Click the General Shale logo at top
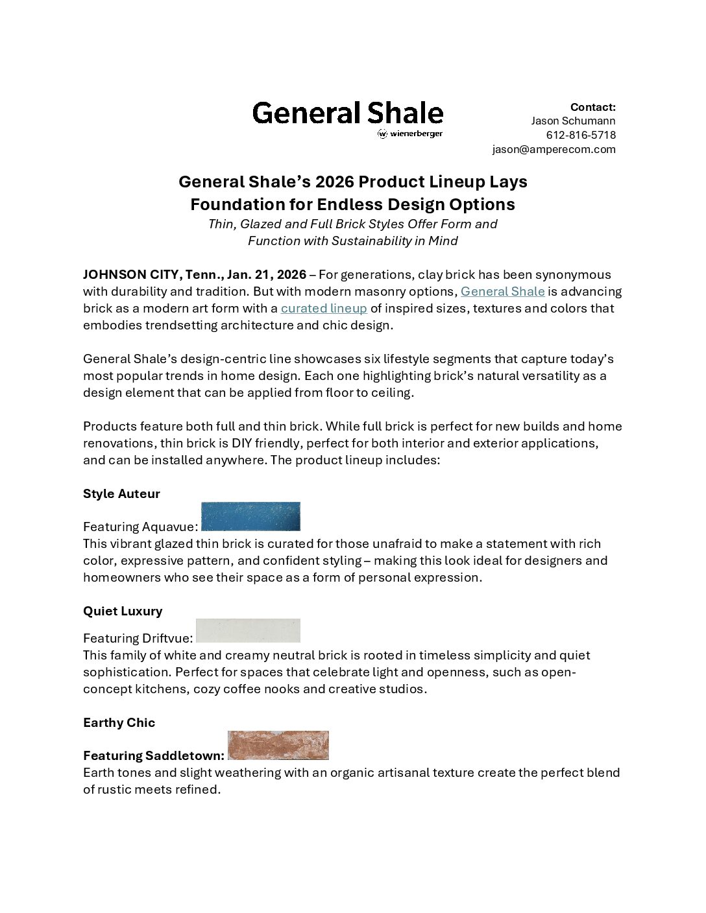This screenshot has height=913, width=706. [x=347, y=113]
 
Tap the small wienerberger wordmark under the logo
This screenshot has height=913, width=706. [x=411, y=134]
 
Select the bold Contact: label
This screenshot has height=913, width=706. [x=592, y=107]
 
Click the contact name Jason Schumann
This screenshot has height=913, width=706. [x=573, y=121]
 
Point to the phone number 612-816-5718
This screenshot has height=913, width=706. [x=581, y=135]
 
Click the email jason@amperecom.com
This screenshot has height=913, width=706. [x=554, y=149]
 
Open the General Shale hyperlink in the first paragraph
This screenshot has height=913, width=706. [x=502, y=292]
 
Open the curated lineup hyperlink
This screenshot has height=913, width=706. [x=324, y=309]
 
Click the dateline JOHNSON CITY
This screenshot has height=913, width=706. [x=130, y=275]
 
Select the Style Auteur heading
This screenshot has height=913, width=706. [x=121, y=494]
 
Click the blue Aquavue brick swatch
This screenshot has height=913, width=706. [x=250, y=517]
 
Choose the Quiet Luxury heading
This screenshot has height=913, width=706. [x=123, y=611]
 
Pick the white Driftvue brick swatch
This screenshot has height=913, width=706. [x=248, y=630]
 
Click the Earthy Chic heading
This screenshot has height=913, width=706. [x=119, y=723]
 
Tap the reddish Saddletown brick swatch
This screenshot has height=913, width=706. [x=278, y=745]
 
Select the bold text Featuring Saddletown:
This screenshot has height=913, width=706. [x=154, y=756]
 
